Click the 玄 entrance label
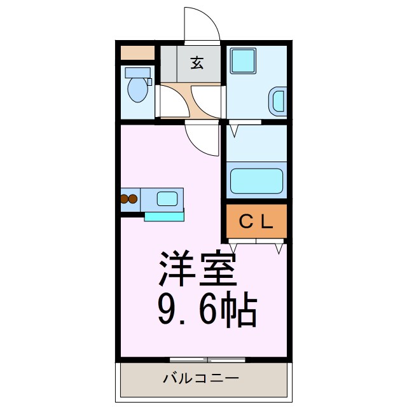(x=197, y=63)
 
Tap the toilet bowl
(x=137, y=90)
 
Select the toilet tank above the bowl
(x=138, y=72)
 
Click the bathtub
(x=256, y=181)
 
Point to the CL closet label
(x=256, y=221)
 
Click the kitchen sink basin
(x=168, y=198)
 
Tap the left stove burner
(x=125, y=199)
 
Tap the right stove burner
(x=133, y=199)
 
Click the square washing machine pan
(x=242, y=61)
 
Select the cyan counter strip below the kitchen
(x=163, y=216)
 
